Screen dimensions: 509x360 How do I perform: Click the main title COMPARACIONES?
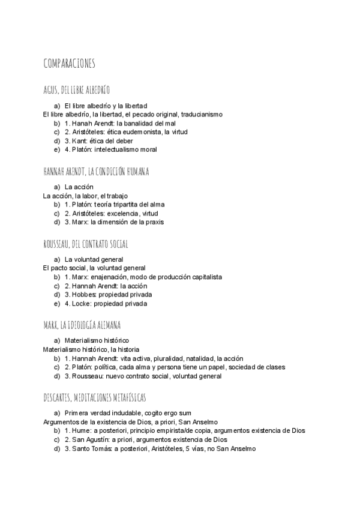point(69,64)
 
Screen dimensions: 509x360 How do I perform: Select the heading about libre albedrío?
point(76,91)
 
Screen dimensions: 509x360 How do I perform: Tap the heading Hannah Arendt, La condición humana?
point(96,172)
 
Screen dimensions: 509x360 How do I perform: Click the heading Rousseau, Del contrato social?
point(85,244)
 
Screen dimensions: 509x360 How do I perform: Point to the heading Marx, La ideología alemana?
point(82,325)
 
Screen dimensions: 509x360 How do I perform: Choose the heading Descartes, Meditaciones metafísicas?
point(95,398)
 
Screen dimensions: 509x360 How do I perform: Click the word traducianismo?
point(200,114)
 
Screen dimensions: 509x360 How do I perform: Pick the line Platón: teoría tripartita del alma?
point(122,204)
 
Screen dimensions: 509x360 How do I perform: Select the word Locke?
point(82,304)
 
